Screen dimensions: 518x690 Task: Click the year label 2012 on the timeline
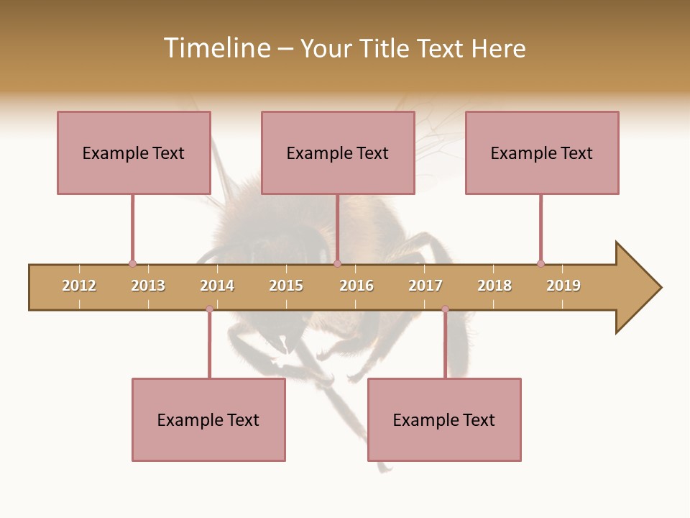coord(79,286)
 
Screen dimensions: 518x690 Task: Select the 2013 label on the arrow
coord(148,286)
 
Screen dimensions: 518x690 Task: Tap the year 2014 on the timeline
coord(217,286)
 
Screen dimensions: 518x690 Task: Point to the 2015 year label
coord(286,286)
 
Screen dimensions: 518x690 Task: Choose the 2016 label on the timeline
coord(356,286)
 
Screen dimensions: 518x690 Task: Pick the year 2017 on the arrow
coord(425,286)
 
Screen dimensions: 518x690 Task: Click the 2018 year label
coord(494,286)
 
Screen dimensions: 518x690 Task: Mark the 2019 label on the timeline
coord(563,286)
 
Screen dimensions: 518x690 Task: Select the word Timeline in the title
coord(216,48)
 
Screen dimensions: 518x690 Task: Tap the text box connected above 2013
coord(134,153)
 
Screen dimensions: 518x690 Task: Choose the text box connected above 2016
coord(338,153)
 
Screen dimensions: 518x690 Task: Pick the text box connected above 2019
coord(542,153)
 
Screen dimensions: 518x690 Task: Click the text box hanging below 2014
coord(208,419)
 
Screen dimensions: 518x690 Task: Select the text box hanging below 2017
coord(444,419)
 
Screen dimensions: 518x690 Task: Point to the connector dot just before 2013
coord(132,263)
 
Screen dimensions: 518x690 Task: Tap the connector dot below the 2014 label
coord(209,309)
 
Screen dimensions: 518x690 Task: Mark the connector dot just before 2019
coord(540,263)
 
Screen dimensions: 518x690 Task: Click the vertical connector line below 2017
coord(445,345)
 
